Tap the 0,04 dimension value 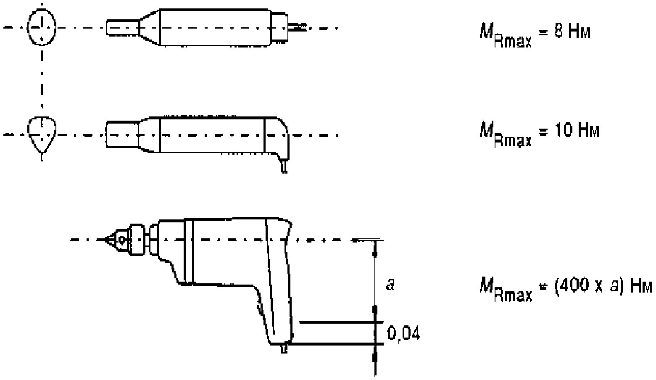[403, 333]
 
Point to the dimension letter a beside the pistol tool [390, 284]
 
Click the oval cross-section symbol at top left [42, 27]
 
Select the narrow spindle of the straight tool [122, 28]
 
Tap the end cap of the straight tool [279, 26]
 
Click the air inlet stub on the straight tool [297, 27]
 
